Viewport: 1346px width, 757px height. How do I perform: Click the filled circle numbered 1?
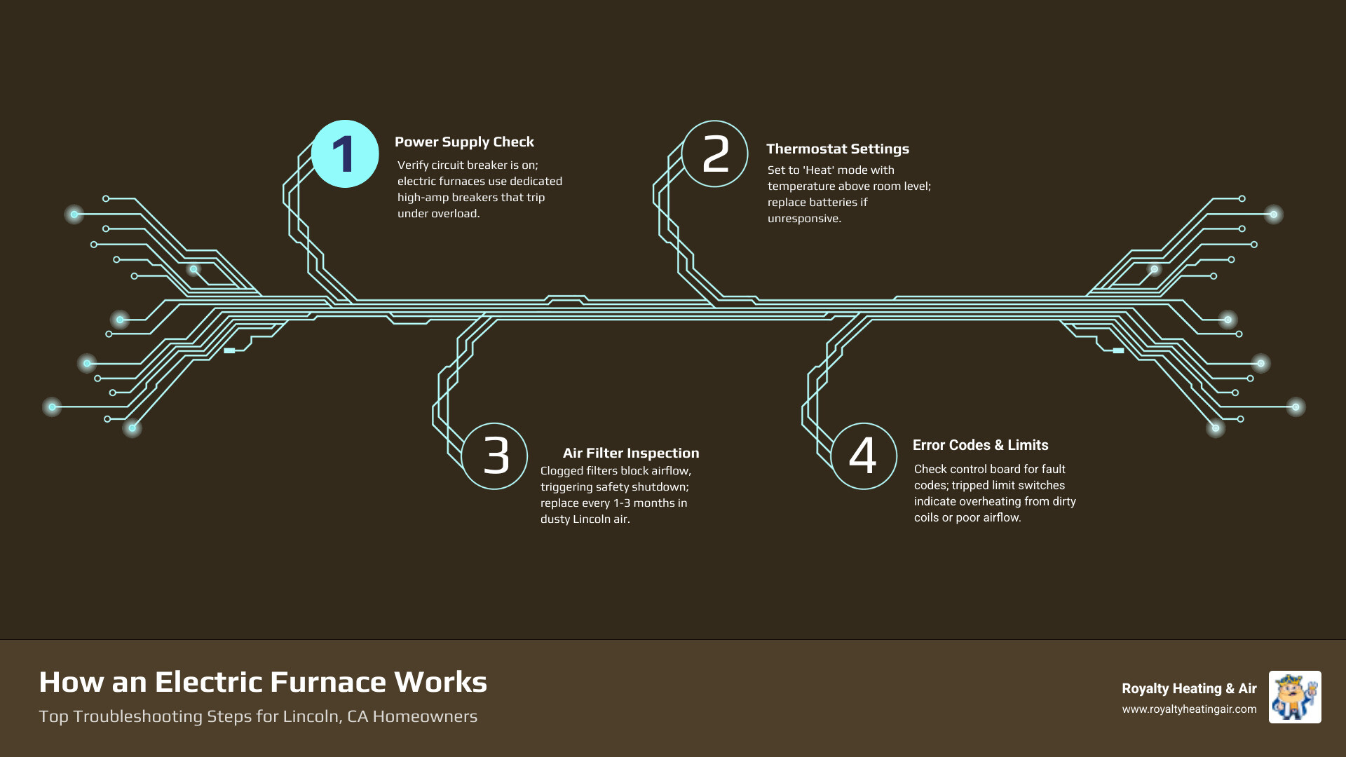[344, 154]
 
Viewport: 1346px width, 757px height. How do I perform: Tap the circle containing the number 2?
[715, 154]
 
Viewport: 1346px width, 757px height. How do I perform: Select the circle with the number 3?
[495, 456]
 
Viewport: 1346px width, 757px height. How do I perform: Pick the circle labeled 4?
[864, 456]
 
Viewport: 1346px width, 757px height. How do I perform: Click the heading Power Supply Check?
[464, 142]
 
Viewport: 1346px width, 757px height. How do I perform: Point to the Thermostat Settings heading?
[837, 149]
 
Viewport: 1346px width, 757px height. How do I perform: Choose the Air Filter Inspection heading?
[631, 453]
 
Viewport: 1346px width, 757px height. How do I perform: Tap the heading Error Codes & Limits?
[980, 445]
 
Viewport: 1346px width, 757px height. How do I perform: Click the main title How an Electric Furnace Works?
[263, 682]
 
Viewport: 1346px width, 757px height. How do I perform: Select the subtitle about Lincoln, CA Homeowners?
[258, 716]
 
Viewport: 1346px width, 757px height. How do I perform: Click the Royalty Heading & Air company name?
[1189, 688]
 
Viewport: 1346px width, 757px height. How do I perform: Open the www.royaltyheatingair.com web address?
[1189, 709]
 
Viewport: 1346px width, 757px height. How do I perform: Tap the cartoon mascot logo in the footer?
[1295, 697]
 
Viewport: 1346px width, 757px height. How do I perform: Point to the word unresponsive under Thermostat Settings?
[804, 219]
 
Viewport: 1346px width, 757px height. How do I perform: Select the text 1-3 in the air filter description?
[622, 503]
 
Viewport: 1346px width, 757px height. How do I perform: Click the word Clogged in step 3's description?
[562, 471]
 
